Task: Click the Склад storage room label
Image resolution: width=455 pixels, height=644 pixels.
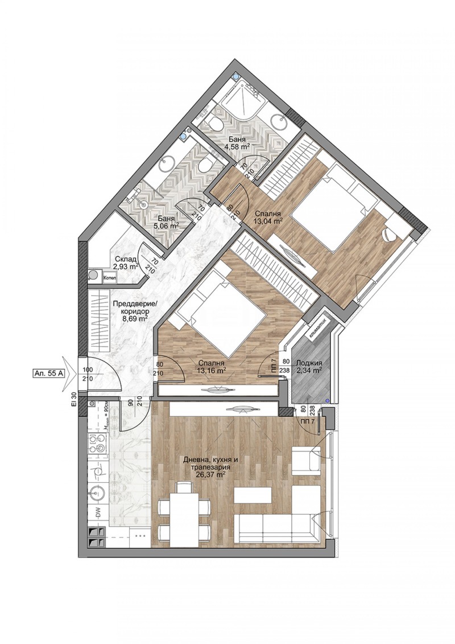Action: click(x=123, y=259)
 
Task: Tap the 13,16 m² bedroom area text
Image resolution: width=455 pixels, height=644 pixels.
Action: click(x=211, y=370)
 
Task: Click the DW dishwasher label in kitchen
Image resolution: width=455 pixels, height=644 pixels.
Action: click(x=97, y=513)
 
